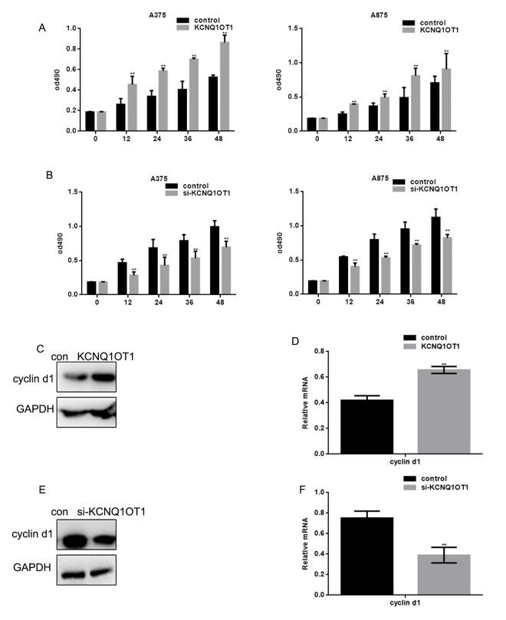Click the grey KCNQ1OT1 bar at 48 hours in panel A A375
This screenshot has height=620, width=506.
[x=225, y=87]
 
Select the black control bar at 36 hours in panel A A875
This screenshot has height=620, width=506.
[x=404, y=113]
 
